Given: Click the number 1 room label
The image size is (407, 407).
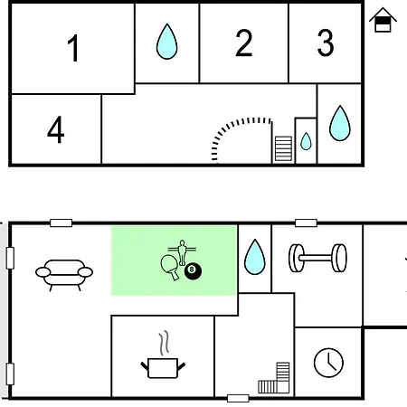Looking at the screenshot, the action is pyautogui.click(x=73, y=48).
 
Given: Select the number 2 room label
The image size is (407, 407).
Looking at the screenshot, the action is pyautogui.click(x=243, y=43).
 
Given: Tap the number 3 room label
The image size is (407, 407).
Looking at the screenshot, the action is pyautogui.click(x=326, y=43).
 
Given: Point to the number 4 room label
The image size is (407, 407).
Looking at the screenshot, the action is pyautogui.click(x=56, y=129).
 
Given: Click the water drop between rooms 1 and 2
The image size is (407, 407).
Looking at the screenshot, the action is pyautogui.click(x=167, y=42).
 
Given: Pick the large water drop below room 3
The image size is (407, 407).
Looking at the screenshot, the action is pyautogui.click(x=340, y=123).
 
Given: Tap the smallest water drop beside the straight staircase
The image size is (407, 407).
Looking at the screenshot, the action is pyautogui.click(x=306, y=141).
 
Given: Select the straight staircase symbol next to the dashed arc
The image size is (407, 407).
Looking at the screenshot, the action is pyautogui.click(x=283, y=148).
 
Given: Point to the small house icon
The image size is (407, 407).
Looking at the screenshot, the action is pyautogui.click(x=383, y=20).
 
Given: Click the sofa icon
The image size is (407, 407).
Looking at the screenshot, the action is pyautogui.click(x=64, y=275).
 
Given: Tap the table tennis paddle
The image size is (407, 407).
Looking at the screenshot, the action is pyautogui.click(x=169, y=267).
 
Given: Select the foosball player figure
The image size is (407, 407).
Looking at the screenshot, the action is pyautogui.click(x=182, y=252).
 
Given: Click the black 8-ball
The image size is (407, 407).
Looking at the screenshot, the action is pyautogui.click(x=194, y=271).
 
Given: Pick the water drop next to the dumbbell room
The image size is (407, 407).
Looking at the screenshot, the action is pyautogui.click(x=255, y=257).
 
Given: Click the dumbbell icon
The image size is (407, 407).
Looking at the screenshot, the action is pyautogui.click(x=317, y=258).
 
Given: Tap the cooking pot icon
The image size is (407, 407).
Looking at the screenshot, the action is pyautogui.click(x=163, y=368).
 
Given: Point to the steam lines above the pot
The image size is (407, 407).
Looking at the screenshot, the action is pyautogui.click(x=164, y=343).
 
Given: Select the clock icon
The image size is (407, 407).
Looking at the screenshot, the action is pyautogui.click(x=328, y=363).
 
